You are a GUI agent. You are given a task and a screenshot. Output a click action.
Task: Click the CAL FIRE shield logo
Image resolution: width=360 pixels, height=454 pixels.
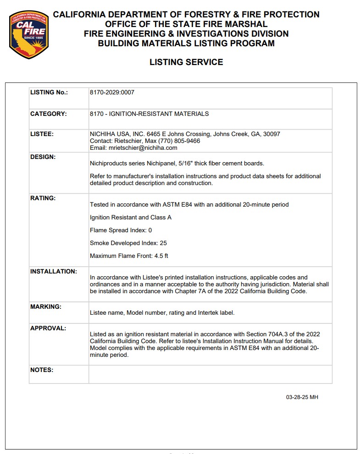[28, 35]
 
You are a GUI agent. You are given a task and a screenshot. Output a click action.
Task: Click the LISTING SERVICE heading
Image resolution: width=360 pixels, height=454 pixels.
[186, 62]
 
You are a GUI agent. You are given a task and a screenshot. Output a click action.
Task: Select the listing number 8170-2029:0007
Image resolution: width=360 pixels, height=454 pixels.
[112, 92]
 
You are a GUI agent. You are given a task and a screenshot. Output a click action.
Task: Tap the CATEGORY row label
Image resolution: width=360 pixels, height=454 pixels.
[48, 114]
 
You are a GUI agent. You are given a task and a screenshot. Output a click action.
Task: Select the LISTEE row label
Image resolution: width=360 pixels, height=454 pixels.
[42, 134]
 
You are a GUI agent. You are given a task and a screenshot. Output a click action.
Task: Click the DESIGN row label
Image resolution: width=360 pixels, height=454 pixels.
[43, 157]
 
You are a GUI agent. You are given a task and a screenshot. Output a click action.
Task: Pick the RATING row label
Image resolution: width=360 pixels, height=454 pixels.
[43, 198]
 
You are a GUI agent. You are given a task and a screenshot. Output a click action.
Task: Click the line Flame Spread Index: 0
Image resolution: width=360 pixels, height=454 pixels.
[121, 230]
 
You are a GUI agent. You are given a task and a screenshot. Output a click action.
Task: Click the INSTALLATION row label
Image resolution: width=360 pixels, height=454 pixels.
[53, 271]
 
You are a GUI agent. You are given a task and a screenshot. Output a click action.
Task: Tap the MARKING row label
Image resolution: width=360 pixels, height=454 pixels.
[45, 306]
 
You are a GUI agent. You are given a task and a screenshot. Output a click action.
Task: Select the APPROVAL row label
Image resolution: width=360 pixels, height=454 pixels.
[48, 328]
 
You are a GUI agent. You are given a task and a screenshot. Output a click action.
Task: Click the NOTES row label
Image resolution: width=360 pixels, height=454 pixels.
[41, 370]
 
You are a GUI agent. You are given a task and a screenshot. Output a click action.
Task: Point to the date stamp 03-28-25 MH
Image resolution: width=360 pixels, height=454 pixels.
[302, 397]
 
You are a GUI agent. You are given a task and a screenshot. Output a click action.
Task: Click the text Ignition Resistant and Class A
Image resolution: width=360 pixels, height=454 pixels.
[130, 217]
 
